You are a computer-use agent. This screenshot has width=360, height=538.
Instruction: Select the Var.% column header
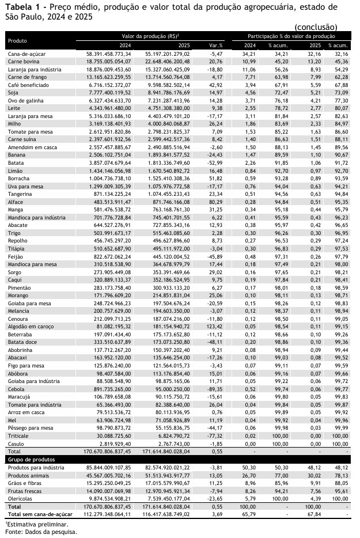coord(216,45)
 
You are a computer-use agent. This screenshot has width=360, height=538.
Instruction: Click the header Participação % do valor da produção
coord(291,36)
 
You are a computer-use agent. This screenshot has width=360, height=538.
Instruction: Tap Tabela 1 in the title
coord(23,7)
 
